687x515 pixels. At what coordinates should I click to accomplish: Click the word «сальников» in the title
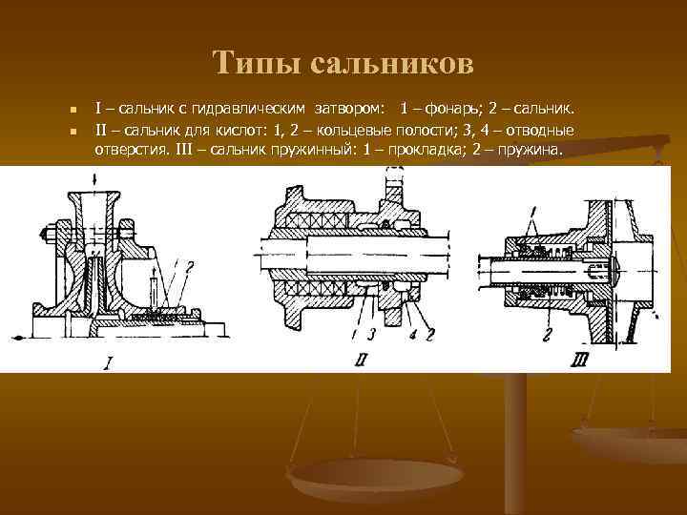387,63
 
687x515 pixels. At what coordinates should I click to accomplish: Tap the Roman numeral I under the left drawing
111,363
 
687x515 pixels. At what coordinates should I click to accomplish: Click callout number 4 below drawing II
413,335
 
